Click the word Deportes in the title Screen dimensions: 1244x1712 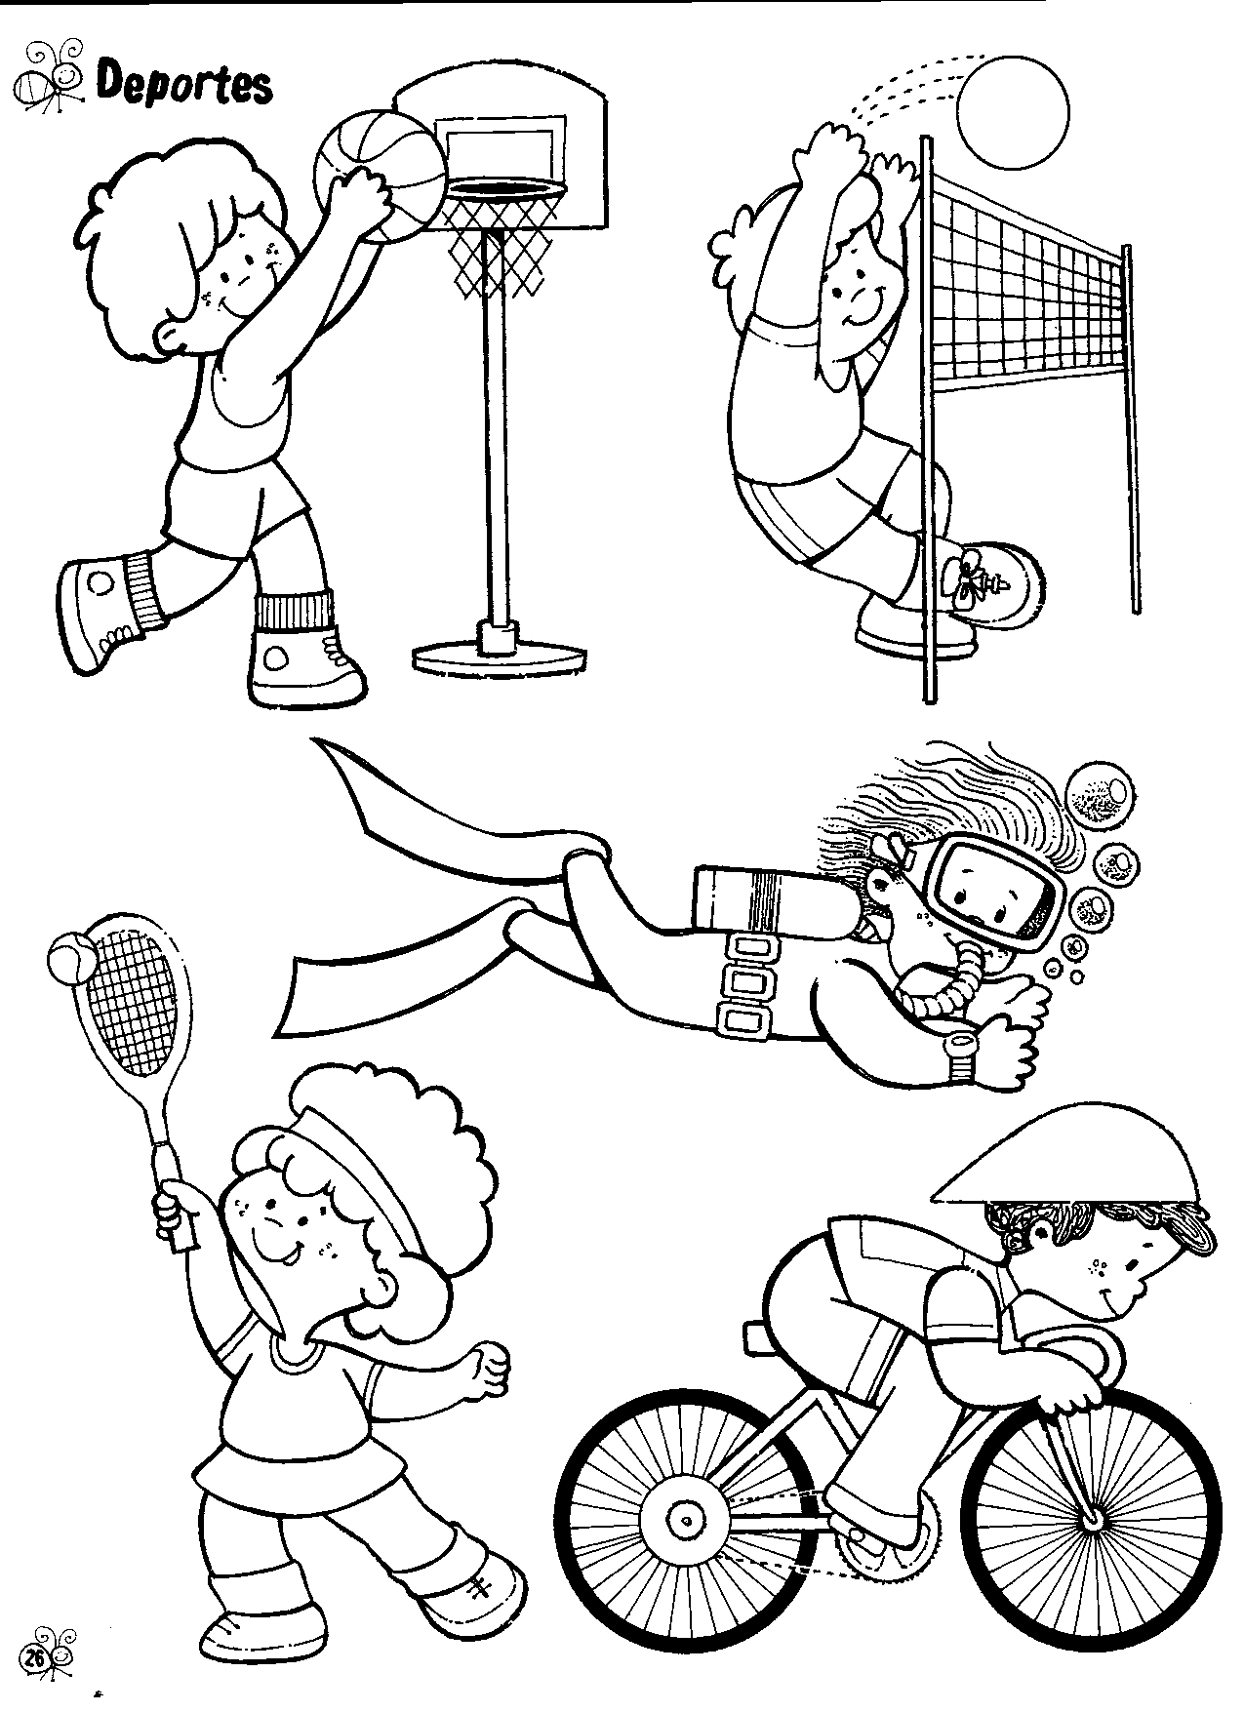tap(183, 85)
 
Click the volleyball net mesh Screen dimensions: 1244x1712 tap(1029, 282)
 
